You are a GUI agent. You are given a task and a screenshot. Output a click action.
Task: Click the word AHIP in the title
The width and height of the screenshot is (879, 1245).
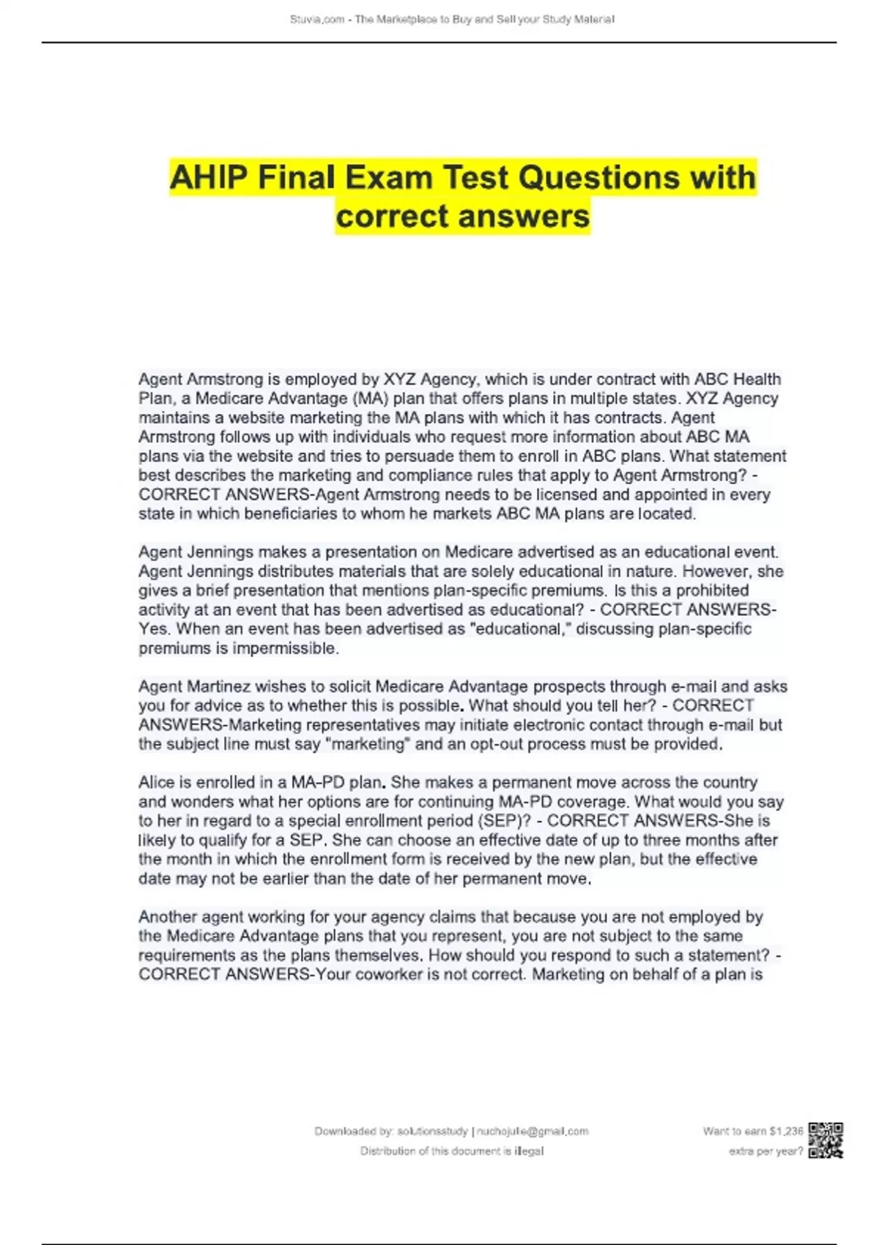[x=208, y=178]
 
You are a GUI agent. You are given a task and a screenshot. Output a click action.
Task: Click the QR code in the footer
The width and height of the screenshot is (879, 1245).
[x=826, y=1140]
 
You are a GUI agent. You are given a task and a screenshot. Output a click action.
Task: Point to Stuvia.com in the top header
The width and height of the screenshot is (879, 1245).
[x=317, y=20]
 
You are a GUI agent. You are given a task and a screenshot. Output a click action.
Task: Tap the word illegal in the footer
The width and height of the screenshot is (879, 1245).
[x=528, y=1151]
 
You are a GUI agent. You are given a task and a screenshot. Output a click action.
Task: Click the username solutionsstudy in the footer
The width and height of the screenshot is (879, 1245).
[x=432, y=1131]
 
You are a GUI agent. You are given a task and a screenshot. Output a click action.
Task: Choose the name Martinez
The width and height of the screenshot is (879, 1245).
[x=218, y=687]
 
